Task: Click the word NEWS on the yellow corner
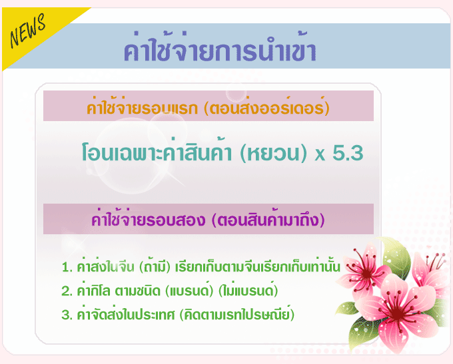pos(27,31)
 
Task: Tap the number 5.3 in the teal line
pos(348,152)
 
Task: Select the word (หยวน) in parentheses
pos(273,153)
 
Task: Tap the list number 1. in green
pos(67,267)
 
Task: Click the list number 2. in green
pos(67,291)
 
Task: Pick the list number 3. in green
pos(67,315)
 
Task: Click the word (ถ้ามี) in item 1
pos(155,266)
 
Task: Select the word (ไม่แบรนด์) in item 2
pos(248,290)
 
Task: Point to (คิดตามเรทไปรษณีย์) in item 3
pos(237,314)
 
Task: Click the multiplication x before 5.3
pos(320,155)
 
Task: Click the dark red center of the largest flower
pos(396,313)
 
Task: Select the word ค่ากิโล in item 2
pos(93,290)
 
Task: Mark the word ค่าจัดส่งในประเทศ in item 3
pos(126,314)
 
